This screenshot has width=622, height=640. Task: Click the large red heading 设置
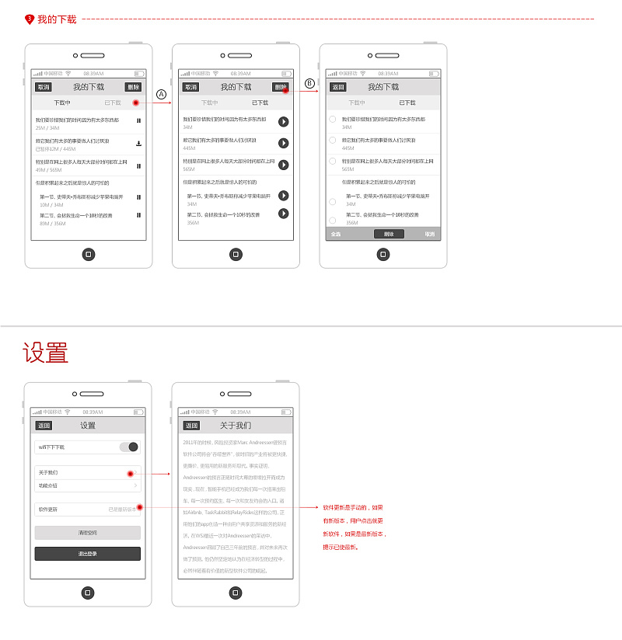click(x=46, y=353)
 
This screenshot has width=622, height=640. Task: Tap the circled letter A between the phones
click(x=162, y=94)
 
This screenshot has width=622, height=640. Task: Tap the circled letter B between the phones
click(x=309, y=83)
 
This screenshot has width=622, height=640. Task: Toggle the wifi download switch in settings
click(x=129, y=447)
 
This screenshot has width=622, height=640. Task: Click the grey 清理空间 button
click(x=88, y=533)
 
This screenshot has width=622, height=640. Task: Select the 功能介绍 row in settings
click(x=88, y=485)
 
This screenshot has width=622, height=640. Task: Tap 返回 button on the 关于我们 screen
click(x=191, y=426)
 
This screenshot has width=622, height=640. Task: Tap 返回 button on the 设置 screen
click(x=44, y=426)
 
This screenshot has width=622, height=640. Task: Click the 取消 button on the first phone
click(x=44, y=87)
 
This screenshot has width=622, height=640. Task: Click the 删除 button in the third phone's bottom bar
click(x=389, y=234)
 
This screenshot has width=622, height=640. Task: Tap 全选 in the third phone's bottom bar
click(x=336, y=234)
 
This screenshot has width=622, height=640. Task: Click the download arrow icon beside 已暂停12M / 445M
click(x=138, y=143)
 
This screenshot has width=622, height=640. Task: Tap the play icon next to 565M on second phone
click(x=284, y=165)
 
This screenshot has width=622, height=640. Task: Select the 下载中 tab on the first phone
click(x=62, y=103)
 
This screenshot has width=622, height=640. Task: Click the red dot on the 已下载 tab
click(x=135, y=103)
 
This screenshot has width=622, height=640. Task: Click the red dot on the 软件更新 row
click(x=139, y=509)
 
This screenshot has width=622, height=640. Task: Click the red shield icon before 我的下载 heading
click(x=30, y=19)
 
